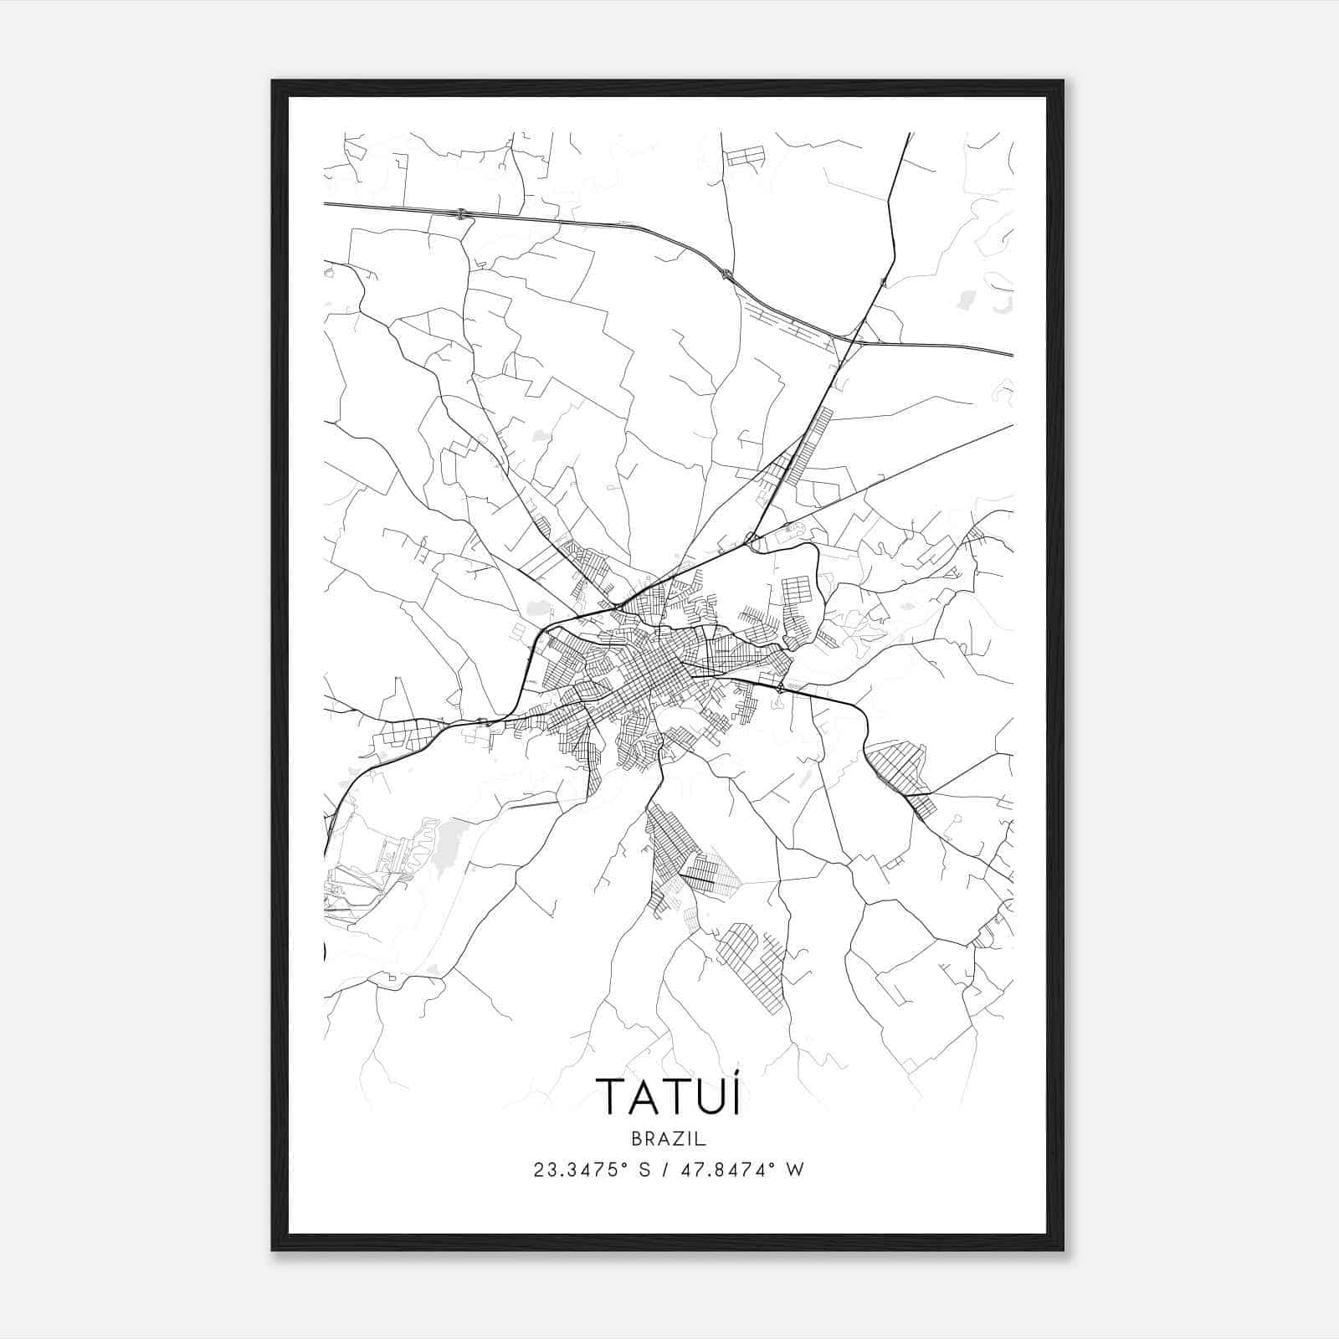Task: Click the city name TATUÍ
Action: pos(668,1096)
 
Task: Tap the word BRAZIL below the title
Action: pos(669,1139)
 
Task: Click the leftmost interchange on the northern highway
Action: pos(462,214)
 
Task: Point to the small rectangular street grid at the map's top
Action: pos(745,156)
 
